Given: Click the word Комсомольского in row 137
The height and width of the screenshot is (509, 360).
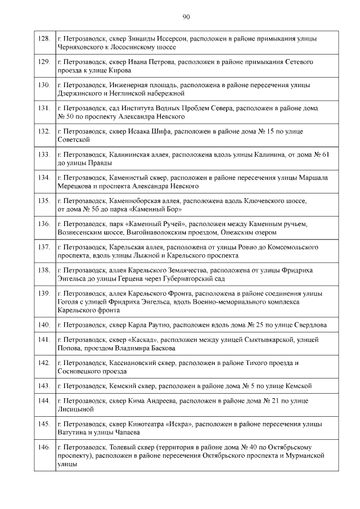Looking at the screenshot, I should pos(294,247).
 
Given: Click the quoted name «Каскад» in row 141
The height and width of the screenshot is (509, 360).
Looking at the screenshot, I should pos(143,340).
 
